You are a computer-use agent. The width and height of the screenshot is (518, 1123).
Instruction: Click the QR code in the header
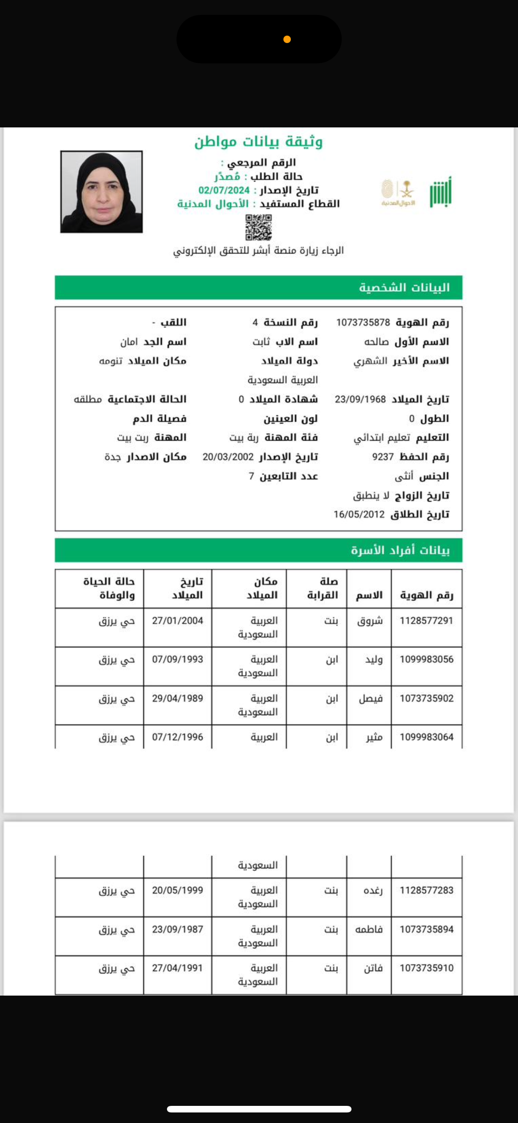point(258,227)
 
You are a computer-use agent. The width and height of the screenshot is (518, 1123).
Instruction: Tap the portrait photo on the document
point(101,192)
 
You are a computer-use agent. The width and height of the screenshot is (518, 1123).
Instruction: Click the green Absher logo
point(441,192)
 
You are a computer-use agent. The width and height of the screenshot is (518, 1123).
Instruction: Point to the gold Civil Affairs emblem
point(398,193)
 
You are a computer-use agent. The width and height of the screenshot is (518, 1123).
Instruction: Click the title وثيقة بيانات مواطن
point(258,142)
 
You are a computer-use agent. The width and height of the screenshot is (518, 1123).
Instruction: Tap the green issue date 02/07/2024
point(224,190)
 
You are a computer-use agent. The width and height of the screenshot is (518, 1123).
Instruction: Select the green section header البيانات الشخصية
point(404,287)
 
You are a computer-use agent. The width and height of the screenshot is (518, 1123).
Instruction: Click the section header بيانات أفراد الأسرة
point(400,550)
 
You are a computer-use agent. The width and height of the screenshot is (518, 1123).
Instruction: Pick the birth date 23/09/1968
point(360,399)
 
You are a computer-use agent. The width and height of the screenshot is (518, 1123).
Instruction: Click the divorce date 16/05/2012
point(359,514)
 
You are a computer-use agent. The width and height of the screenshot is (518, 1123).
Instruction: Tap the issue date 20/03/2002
point(228,457)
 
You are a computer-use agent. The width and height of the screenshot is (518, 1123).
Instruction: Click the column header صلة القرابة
point(322,588)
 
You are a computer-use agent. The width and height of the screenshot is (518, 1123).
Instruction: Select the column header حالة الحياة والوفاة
point(109,588)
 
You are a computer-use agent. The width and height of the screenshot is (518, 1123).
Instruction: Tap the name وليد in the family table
point(374,659)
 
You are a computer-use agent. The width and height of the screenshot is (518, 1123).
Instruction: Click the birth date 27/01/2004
point(177,621)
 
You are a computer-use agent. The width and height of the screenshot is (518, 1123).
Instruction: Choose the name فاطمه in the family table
point(369,929)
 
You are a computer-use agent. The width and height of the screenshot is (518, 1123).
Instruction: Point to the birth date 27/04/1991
point(177,968)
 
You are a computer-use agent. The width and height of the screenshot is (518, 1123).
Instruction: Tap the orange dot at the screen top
point(287,40)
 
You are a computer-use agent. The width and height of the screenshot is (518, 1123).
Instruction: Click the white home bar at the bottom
point(259,1109)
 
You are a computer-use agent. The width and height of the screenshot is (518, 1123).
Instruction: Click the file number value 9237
point(383,457)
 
